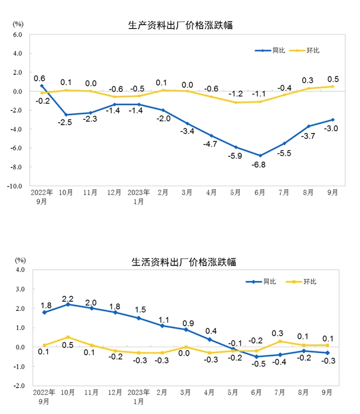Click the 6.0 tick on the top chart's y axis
17,35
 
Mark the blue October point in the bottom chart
67,304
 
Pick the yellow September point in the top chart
333,86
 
